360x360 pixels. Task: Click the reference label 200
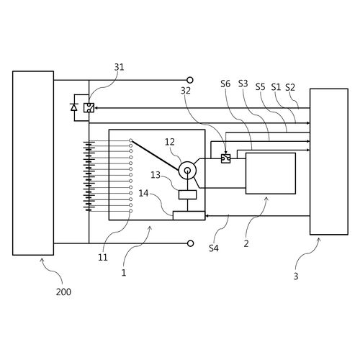pos(63,292)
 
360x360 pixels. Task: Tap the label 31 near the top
pos(119,67)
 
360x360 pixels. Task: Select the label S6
pos(225,84)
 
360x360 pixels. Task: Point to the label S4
pos(214,248)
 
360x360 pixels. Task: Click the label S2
pos(290,87)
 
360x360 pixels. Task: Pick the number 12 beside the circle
pos(170,142)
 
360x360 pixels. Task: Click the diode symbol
pos(74,107)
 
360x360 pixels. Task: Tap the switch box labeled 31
pos(89,108)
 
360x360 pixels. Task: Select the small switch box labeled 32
pos(225,158)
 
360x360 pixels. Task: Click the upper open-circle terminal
pos(190,80)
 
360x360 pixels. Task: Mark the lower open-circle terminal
pos(190,243)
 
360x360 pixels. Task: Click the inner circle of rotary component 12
pos(187,171)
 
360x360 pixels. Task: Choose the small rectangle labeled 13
pos(188,194)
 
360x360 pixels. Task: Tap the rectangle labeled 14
pos(189,215)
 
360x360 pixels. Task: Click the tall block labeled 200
pos(33,163)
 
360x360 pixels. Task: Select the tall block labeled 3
pos(329,161)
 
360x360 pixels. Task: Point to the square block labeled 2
pos(271,174)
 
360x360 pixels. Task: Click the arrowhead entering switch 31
pos(96,108)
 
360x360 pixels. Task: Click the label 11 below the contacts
pos(103,258)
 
